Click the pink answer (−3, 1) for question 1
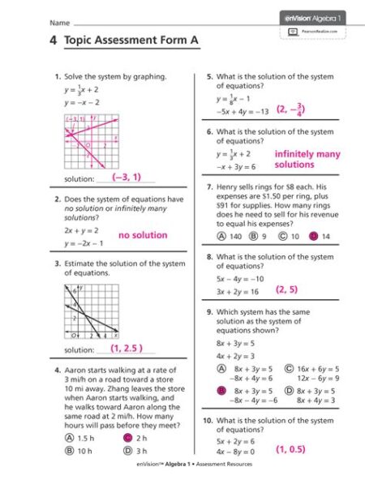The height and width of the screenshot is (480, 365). pos(127,176)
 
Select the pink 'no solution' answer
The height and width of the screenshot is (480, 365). pos(143,235)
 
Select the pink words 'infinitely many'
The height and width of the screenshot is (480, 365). pos(307,153)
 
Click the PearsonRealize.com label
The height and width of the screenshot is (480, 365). pos(320,31)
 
